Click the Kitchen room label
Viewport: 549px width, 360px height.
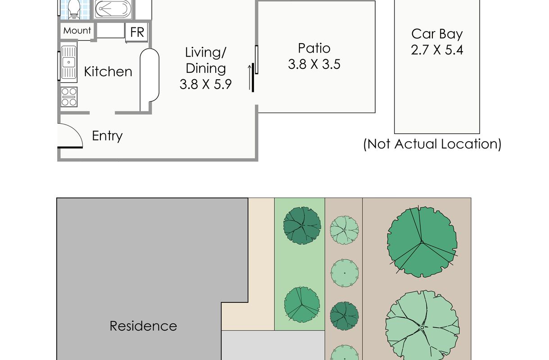click(x=108, y=72)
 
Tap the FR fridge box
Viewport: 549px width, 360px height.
click(x=137, y=32)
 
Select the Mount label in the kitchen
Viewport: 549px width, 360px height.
click(x=77, y=31)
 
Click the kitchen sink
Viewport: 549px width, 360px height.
click(x=68, y=62)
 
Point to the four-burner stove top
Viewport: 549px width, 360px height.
click(x=69, y=97)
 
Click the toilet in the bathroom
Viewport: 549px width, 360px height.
click(x=74, y=9)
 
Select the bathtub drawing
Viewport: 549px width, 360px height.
click(x=113, y=9)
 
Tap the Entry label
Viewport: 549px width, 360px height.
click(x=107, y=136)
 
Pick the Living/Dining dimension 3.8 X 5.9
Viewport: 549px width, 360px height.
click(x=205, y=84)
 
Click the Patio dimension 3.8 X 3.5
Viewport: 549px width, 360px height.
click(x=314, y=64)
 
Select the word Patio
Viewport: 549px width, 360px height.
click(x=314, y=48)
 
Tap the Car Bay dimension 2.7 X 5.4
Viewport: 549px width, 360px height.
click(x=437, y=50)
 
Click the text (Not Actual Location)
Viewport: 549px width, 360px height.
click(x=432, y=144)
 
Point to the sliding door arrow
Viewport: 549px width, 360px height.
click(x=250, y=77)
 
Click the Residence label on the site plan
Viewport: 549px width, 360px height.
click(x=143, y=326)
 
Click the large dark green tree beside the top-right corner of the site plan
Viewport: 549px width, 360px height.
click(x=422, y=242)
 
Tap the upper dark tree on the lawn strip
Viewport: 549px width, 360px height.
click(x=302, y=225)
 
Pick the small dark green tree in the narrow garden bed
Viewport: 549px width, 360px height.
click(x=345, y=316)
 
